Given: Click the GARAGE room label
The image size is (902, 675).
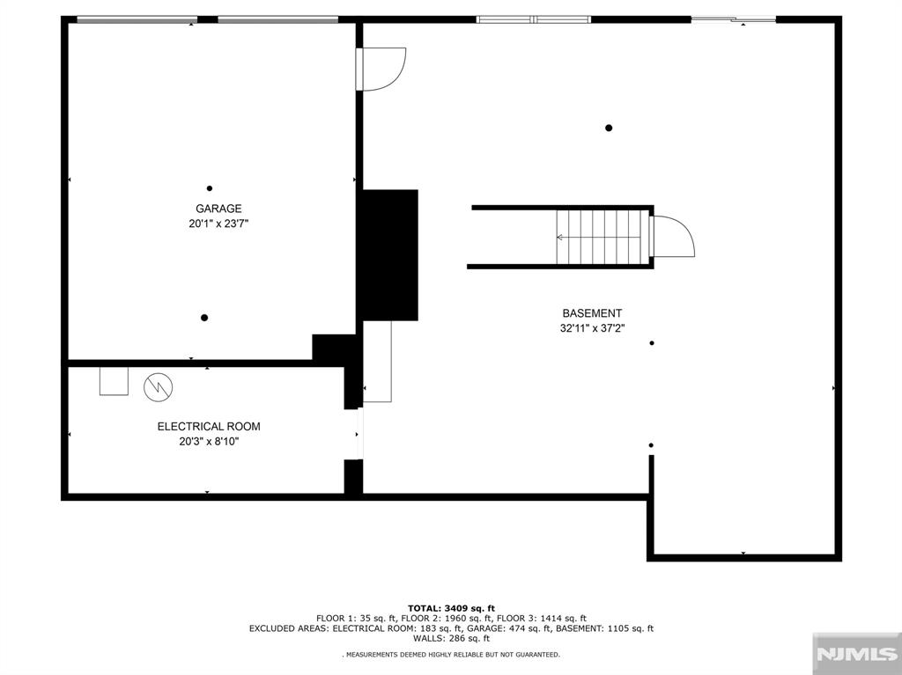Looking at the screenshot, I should click(218, 209).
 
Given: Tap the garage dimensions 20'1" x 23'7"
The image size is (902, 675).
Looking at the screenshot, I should click(218, 224).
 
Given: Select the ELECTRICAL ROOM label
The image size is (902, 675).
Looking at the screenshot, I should click(209, 427).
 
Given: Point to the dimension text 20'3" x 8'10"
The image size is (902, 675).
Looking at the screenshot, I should click(209, 442).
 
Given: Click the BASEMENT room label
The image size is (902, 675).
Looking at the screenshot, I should click(592, 313).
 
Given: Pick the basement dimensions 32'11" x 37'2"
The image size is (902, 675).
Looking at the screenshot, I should click(592, 328).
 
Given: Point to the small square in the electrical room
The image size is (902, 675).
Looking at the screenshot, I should click(114, 381).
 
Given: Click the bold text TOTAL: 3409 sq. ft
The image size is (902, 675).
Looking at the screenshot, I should click(451, 608).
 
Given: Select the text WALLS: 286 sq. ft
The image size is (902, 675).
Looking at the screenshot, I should click(451, 638).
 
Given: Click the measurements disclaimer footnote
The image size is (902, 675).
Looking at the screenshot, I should click(451, 655).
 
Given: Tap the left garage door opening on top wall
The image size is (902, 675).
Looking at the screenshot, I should click(137, 19).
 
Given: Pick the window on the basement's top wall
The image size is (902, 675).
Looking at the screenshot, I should click(533, 18).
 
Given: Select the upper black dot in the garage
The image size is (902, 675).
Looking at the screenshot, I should click(210, 187).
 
